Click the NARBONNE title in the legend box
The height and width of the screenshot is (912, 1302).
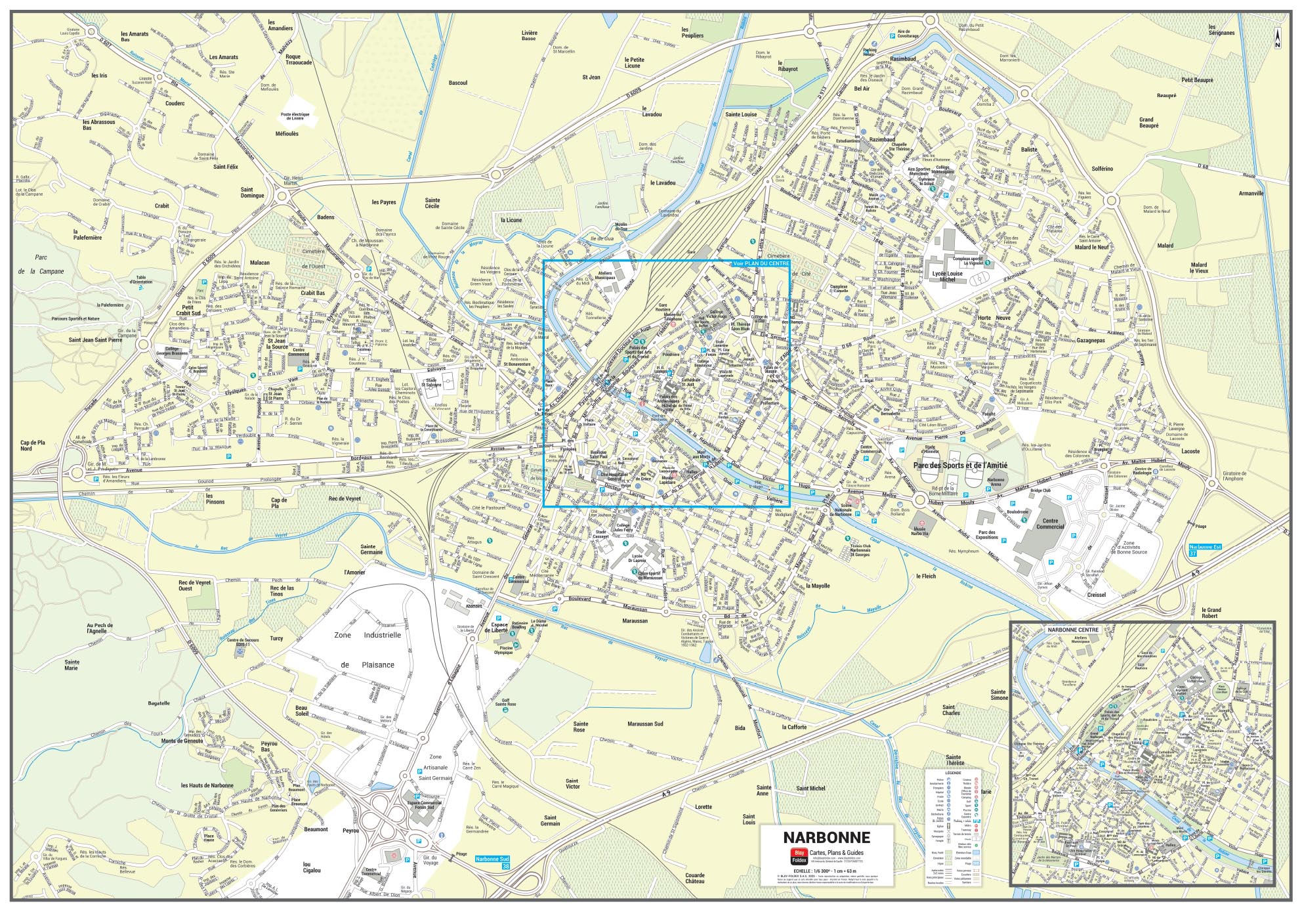826,837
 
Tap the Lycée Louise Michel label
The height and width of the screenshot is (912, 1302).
946,276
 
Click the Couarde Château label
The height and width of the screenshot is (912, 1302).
694,879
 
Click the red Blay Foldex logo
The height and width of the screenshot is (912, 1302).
798,856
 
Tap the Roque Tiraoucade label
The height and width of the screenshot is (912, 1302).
299,60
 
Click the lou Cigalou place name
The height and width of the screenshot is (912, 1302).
312,867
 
